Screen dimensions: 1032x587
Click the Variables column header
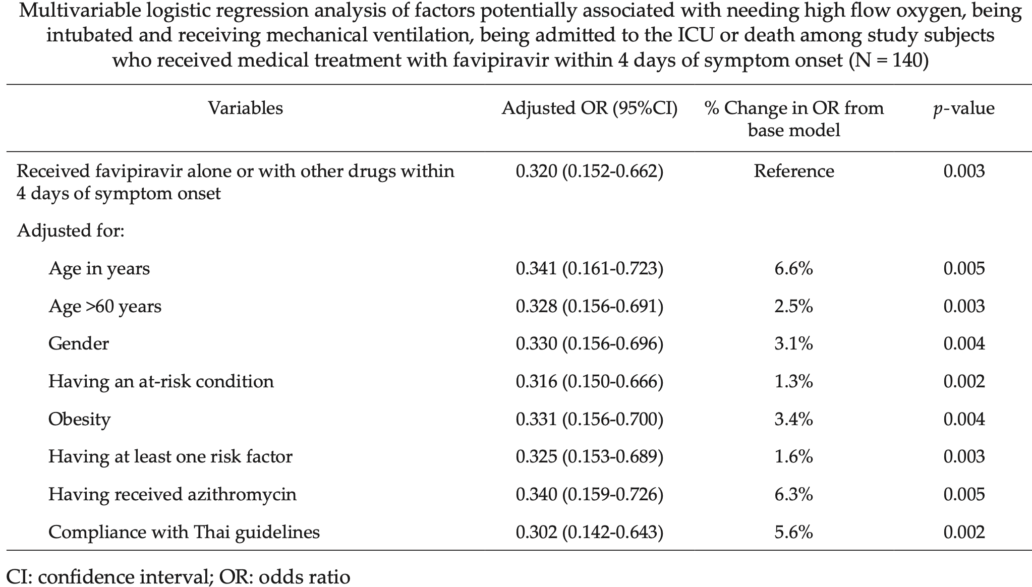(x=246, y=108)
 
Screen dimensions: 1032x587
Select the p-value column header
(x=964, y=109)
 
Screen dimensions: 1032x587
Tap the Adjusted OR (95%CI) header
(x=589, y=108)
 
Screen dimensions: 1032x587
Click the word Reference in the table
(x=794, y=171)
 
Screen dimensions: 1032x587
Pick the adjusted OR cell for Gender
(x=589, y=343)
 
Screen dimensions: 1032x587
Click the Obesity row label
(x=79, y=419)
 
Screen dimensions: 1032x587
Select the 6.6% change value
(x=794, y=268)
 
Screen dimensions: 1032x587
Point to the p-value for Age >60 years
(x=964, y=306)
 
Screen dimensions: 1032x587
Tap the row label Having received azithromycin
(x=173, y=494)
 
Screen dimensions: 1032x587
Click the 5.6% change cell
(x=794, y=532)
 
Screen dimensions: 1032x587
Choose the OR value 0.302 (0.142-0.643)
(x=589, y=532)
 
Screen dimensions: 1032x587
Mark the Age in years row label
(x=99, y=268)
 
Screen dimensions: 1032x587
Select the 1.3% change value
(x=794, y=381)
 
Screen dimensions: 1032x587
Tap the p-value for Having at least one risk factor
(x=964, y=456)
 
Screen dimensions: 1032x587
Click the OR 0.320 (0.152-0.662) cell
(x=589, y=171)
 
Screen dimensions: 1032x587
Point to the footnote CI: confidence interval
(x=106, y=576)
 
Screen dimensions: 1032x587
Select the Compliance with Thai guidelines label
(x=184, y=532)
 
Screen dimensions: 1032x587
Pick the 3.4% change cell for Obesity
(x=794, y=419)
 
